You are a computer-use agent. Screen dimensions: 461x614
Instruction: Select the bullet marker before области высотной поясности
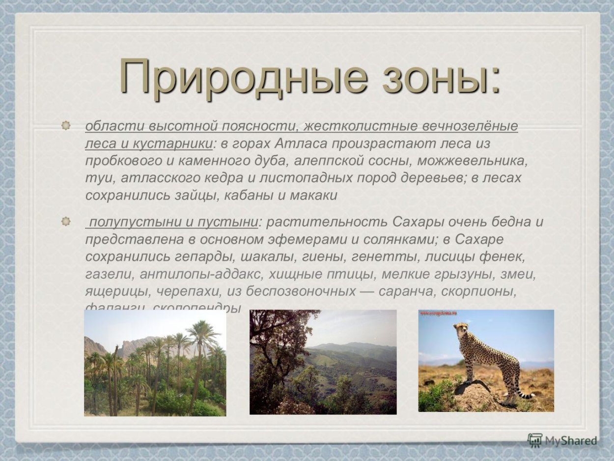click(66, 126)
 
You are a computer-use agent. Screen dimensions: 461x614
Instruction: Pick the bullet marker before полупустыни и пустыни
click(66, 222)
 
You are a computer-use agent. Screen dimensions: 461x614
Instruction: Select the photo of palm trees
click(155, 363)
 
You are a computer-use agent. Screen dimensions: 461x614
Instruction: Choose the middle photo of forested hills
click(323, 362)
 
